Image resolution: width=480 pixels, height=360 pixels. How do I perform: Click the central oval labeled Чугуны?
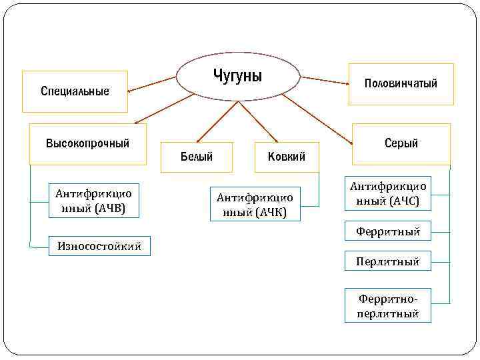click(238, 76)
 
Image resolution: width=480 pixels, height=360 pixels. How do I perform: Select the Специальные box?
click(75, 91)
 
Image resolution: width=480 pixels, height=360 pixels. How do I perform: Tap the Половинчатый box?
click(401, 84)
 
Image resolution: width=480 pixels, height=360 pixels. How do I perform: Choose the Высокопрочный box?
click(88, 144)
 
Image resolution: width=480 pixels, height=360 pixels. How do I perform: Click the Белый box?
click(197, 157)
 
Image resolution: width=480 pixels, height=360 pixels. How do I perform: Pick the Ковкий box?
click(287, 157)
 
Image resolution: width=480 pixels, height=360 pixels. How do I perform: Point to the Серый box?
click(401, 144)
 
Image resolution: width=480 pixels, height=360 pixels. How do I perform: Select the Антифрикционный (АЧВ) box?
click(93, 201)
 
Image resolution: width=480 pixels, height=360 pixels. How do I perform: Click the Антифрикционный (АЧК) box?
click(255, 204)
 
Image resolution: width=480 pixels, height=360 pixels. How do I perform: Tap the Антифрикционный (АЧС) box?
click(388, 194)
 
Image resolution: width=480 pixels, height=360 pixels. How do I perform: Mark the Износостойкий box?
click(99, 246)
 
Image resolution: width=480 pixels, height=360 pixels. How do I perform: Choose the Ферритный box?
click(388, 231)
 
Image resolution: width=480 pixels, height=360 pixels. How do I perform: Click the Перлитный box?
click(388, 261)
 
